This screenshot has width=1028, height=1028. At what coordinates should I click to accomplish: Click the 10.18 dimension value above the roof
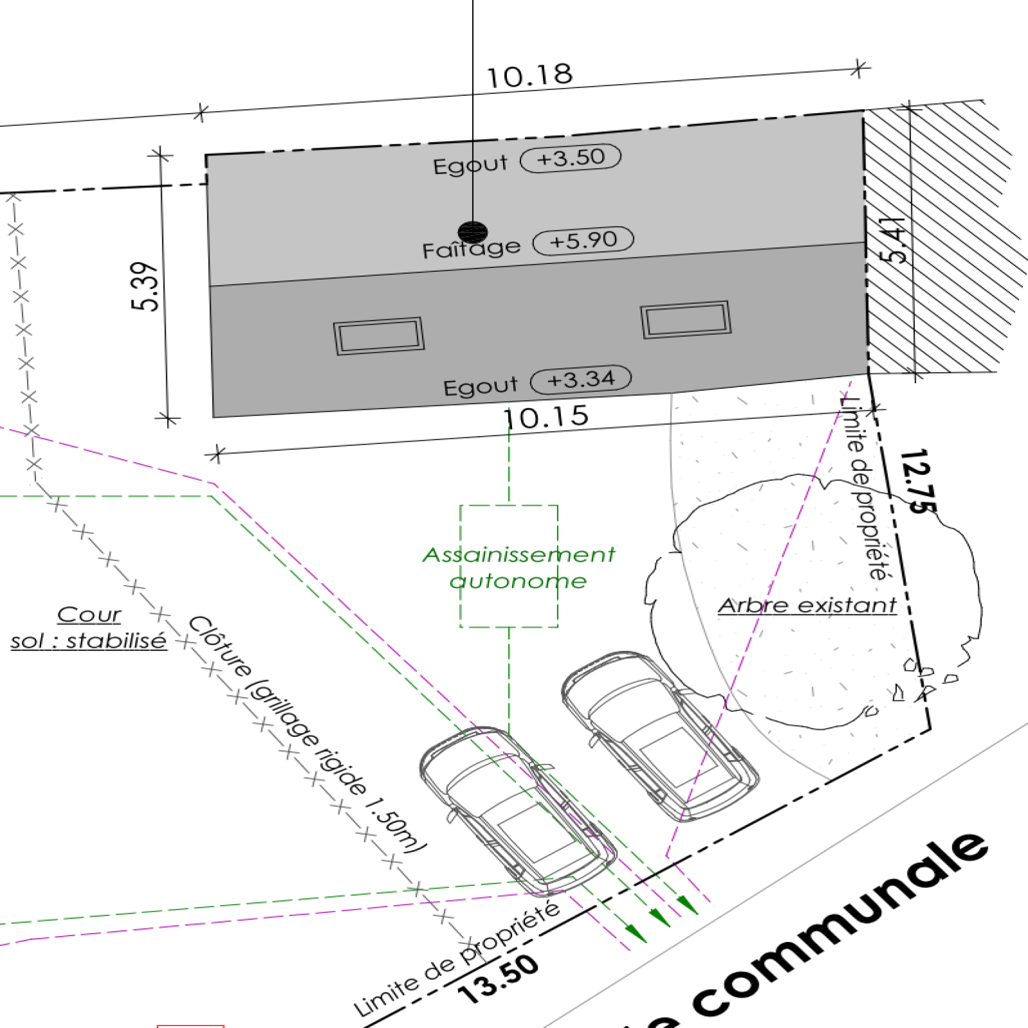[529, 76]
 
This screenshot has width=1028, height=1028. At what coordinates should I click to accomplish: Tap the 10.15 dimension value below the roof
[545, 417]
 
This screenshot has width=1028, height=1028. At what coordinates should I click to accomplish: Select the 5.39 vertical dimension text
[145, 287]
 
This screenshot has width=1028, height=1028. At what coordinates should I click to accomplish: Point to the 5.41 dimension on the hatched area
[894, 240]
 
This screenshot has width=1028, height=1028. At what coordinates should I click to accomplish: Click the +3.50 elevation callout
[571, 157]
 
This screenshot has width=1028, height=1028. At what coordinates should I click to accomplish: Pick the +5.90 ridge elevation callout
[583, 241]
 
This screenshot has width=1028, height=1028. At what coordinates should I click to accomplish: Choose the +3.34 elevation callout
[581, 380]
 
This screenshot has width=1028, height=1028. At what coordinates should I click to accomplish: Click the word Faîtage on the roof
[471, 248]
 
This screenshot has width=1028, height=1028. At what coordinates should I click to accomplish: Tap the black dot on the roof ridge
[473, 232]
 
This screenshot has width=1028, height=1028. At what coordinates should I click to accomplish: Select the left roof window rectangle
[378, 335]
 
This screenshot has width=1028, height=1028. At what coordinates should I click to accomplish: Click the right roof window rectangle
[686, 319]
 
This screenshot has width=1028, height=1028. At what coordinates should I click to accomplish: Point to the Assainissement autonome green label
[518, 567]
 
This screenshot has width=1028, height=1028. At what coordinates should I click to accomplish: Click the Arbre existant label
[807, 605]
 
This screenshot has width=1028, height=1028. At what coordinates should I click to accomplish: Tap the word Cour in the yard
[89, 615]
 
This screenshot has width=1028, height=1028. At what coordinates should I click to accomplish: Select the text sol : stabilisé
[89, 641]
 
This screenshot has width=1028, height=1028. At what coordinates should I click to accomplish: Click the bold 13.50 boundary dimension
[499, 978]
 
